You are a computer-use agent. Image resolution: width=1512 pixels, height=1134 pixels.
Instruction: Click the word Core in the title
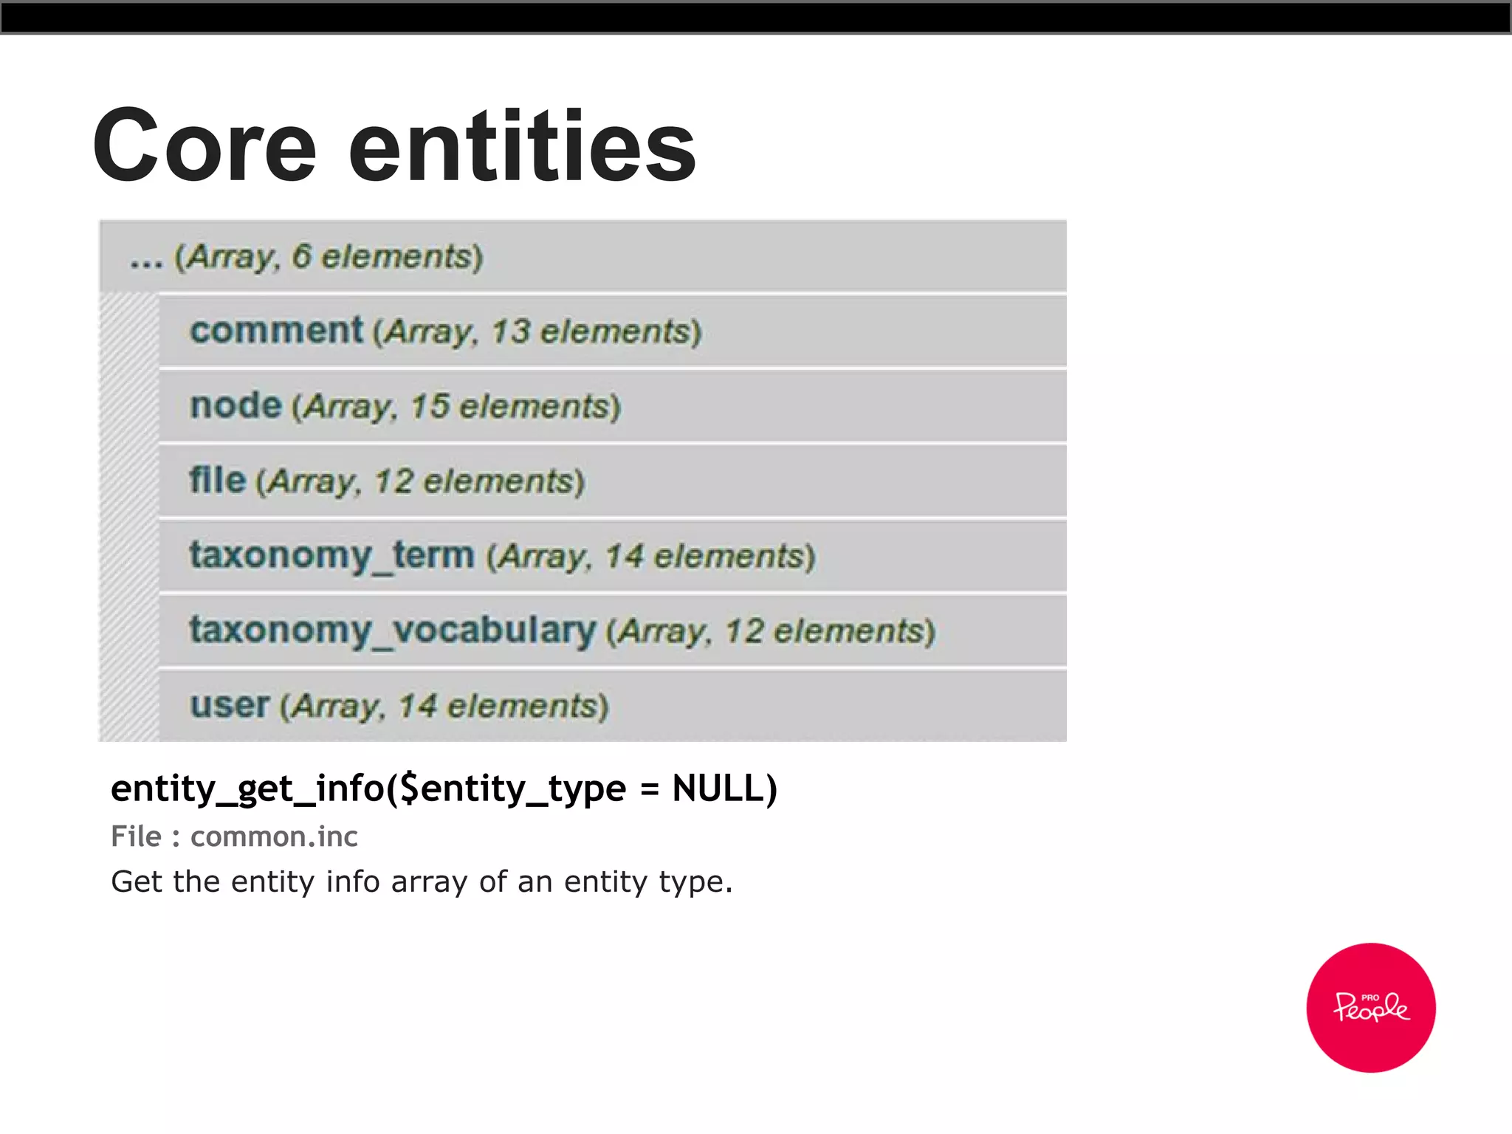205,145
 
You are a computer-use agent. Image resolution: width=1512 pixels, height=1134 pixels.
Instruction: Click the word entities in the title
522,145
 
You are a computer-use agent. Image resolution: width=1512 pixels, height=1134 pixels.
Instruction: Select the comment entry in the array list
276,330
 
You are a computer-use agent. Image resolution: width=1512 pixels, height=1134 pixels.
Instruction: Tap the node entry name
236,405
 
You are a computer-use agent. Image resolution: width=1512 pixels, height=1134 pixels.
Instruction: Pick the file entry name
217,480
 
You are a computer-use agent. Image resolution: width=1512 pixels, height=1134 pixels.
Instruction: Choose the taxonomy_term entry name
331,555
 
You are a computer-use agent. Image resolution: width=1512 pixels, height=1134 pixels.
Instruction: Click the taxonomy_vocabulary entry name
392,630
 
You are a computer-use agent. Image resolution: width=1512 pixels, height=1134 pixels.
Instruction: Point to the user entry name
230,705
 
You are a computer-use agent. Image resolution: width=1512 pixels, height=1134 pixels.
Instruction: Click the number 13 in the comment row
510,331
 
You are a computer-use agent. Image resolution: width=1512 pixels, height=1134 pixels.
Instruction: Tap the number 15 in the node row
430,407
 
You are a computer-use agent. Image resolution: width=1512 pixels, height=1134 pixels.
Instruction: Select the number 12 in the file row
394,481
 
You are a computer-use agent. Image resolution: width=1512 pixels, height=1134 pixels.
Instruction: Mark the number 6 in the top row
301,256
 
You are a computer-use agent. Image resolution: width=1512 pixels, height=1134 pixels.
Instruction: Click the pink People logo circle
1370,1007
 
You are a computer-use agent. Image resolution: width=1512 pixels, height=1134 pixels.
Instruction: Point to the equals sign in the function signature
649,789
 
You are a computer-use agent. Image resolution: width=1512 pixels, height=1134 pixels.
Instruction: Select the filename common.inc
274,836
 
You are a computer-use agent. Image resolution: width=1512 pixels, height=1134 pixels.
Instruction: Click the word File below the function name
136,836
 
